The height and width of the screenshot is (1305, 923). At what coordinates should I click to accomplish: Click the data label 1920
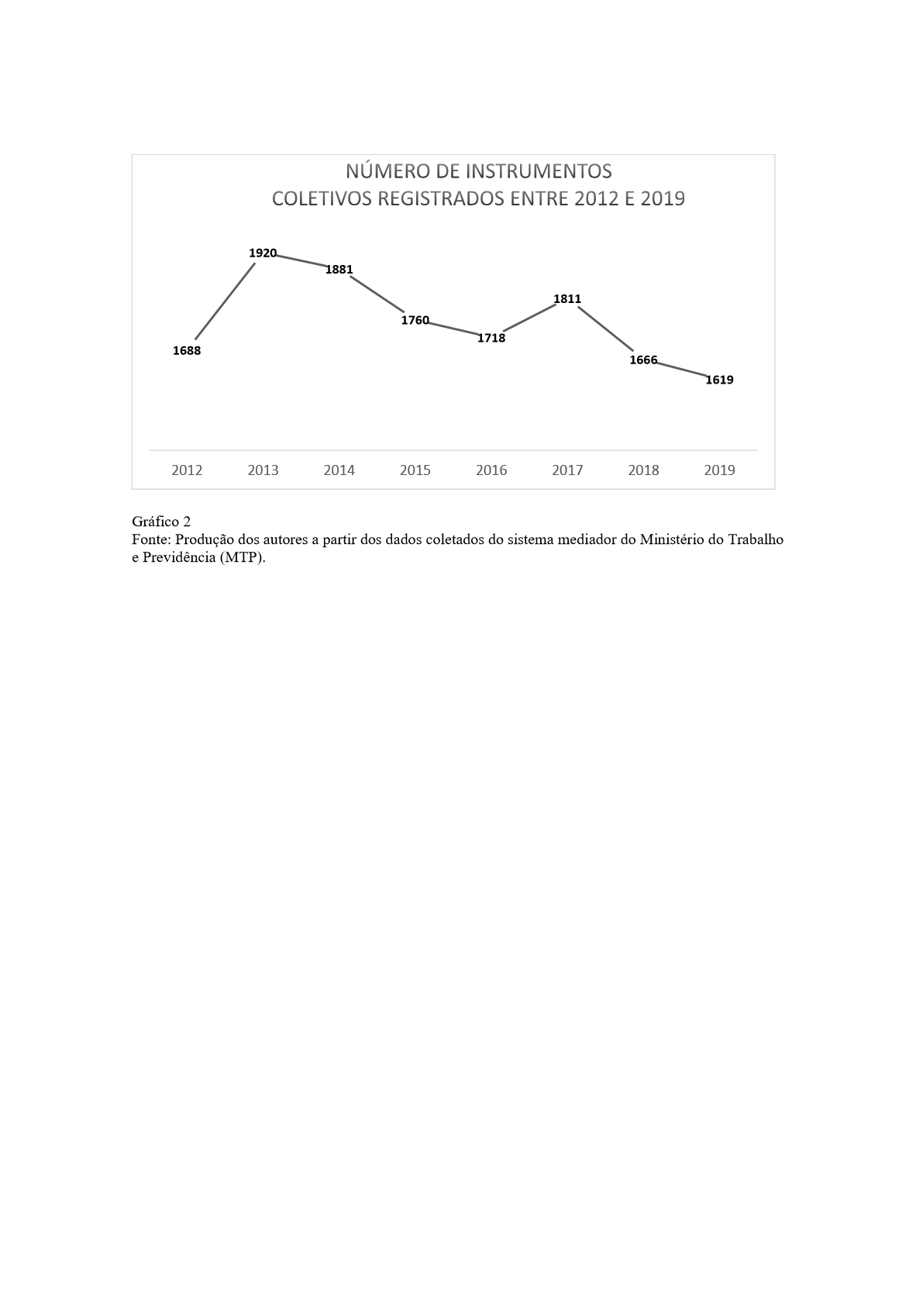click(263, 253)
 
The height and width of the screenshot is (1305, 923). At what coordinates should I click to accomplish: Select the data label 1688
click(187, 351)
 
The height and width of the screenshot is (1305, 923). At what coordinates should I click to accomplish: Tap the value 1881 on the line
click(339, 270)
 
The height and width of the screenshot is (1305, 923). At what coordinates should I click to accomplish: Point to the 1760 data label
click(415, 320)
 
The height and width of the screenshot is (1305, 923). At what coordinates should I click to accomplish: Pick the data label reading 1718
click(491, 338)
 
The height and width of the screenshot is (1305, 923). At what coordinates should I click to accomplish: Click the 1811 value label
click(567, 299)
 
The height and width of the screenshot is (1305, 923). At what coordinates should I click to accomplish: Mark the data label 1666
click(643, 360)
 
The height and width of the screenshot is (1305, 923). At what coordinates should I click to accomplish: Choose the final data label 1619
click(719, 380)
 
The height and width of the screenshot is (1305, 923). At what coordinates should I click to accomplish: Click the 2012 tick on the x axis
click(187, 470)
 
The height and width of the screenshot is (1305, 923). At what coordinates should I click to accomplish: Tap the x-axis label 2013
click(263, 470)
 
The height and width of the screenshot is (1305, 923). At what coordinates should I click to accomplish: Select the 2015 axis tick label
click(415, 470)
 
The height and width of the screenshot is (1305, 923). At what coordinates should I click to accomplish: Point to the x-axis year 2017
click(567, 470)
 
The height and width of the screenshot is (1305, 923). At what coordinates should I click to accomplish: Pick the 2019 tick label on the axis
click(719, 470)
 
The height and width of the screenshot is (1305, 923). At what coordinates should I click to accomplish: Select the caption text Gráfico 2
click(161, 522)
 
